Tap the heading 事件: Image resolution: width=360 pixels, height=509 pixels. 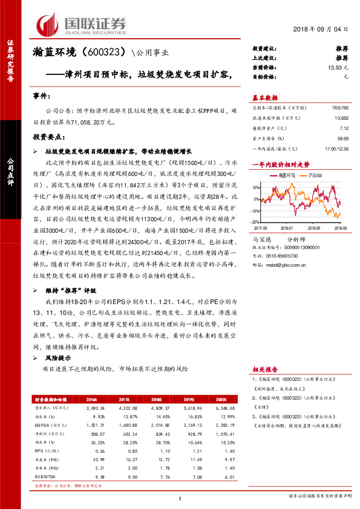tap(42, 97)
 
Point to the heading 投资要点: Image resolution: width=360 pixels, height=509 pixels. tap(48, 137)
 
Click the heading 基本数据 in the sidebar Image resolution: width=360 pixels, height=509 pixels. tap(264, 97)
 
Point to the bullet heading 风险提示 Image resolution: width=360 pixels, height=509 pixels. tap(57, 358)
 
